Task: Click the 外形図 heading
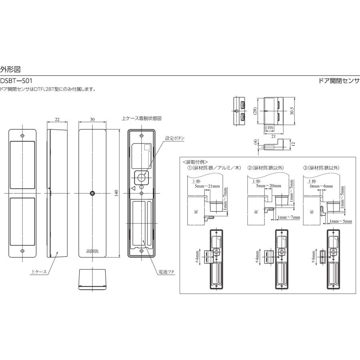pos(10,69)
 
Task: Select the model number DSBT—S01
pos(16,81)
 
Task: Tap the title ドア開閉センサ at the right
pos(339,81)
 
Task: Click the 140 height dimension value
pos(116,193)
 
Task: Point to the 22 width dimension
pos(57,119)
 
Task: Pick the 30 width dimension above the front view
pos(92,119)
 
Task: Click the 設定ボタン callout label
pos(175,138)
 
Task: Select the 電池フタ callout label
pos(166,272)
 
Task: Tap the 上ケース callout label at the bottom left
pos(39,272)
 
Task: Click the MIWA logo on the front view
pos(92,251)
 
